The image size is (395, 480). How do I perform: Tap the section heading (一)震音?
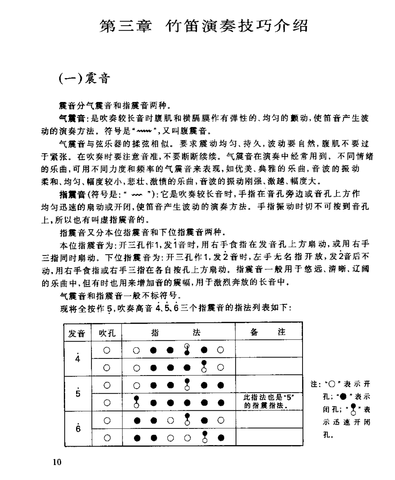tap(84, 77)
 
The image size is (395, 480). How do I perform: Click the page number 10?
tap(57, 462)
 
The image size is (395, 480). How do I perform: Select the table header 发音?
tap(77, 333)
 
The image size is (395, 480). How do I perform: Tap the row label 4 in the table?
tap(78, 358)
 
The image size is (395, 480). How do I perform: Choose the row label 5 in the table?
tap(78, 393)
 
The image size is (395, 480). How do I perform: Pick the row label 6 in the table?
tap(78, 428)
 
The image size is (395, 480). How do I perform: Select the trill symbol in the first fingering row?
tap(186, 350)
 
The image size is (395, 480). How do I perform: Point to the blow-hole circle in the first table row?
tap(107, 350)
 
